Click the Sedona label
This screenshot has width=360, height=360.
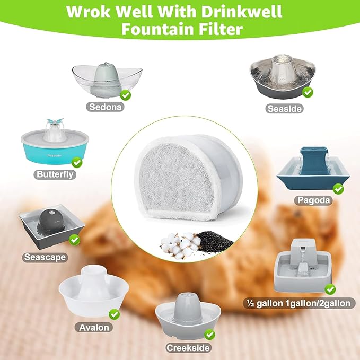click(x=106, y=106)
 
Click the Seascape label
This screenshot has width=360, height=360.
click(x=45, y=257)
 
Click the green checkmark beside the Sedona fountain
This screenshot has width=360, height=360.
click(x=126, y=95)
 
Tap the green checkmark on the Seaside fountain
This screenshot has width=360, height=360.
click(x=308, y=92)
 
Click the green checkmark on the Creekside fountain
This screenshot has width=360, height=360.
click(x=209, y=335)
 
